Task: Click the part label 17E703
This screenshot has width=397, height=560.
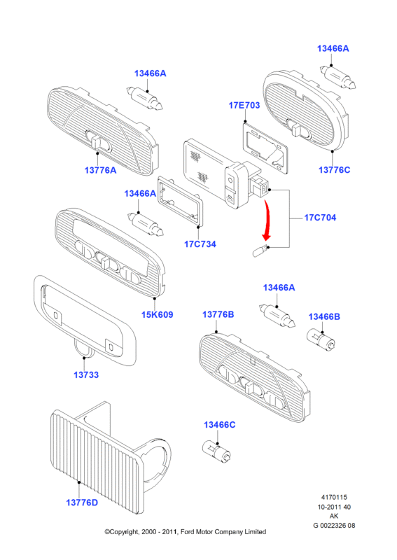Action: (244, 106)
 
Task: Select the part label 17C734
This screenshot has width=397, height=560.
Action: (200, 244)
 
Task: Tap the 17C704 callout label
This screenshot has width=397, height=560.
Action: (320, 218)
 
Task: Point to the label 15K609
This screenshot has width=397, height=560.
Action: (158, 314)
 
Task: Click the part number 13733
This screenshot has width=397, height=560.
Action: (86, 374)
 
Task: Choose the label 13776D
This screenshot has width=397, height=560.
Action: (82, 503)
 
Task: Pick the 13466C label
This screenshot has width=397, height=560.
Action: (220, 425)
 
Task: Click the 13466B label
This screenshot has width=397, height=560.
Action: (324, 317)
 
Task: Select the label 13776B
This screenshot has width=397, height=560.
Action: (218, 314)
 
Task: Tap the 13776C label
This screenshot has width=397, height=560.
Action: (335, 170)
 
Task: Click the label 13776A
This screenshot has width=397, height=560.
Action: (100, 170)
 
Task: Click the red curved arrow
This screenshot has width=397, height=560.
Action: (267, 220)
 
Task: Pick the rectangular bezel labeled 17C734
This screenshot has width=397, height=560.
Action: (181, 201)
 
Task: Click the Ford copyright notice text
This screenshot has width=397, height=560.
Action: (185, 532)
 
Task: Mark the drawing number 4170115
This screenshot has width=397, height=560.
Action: (334, 497)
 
